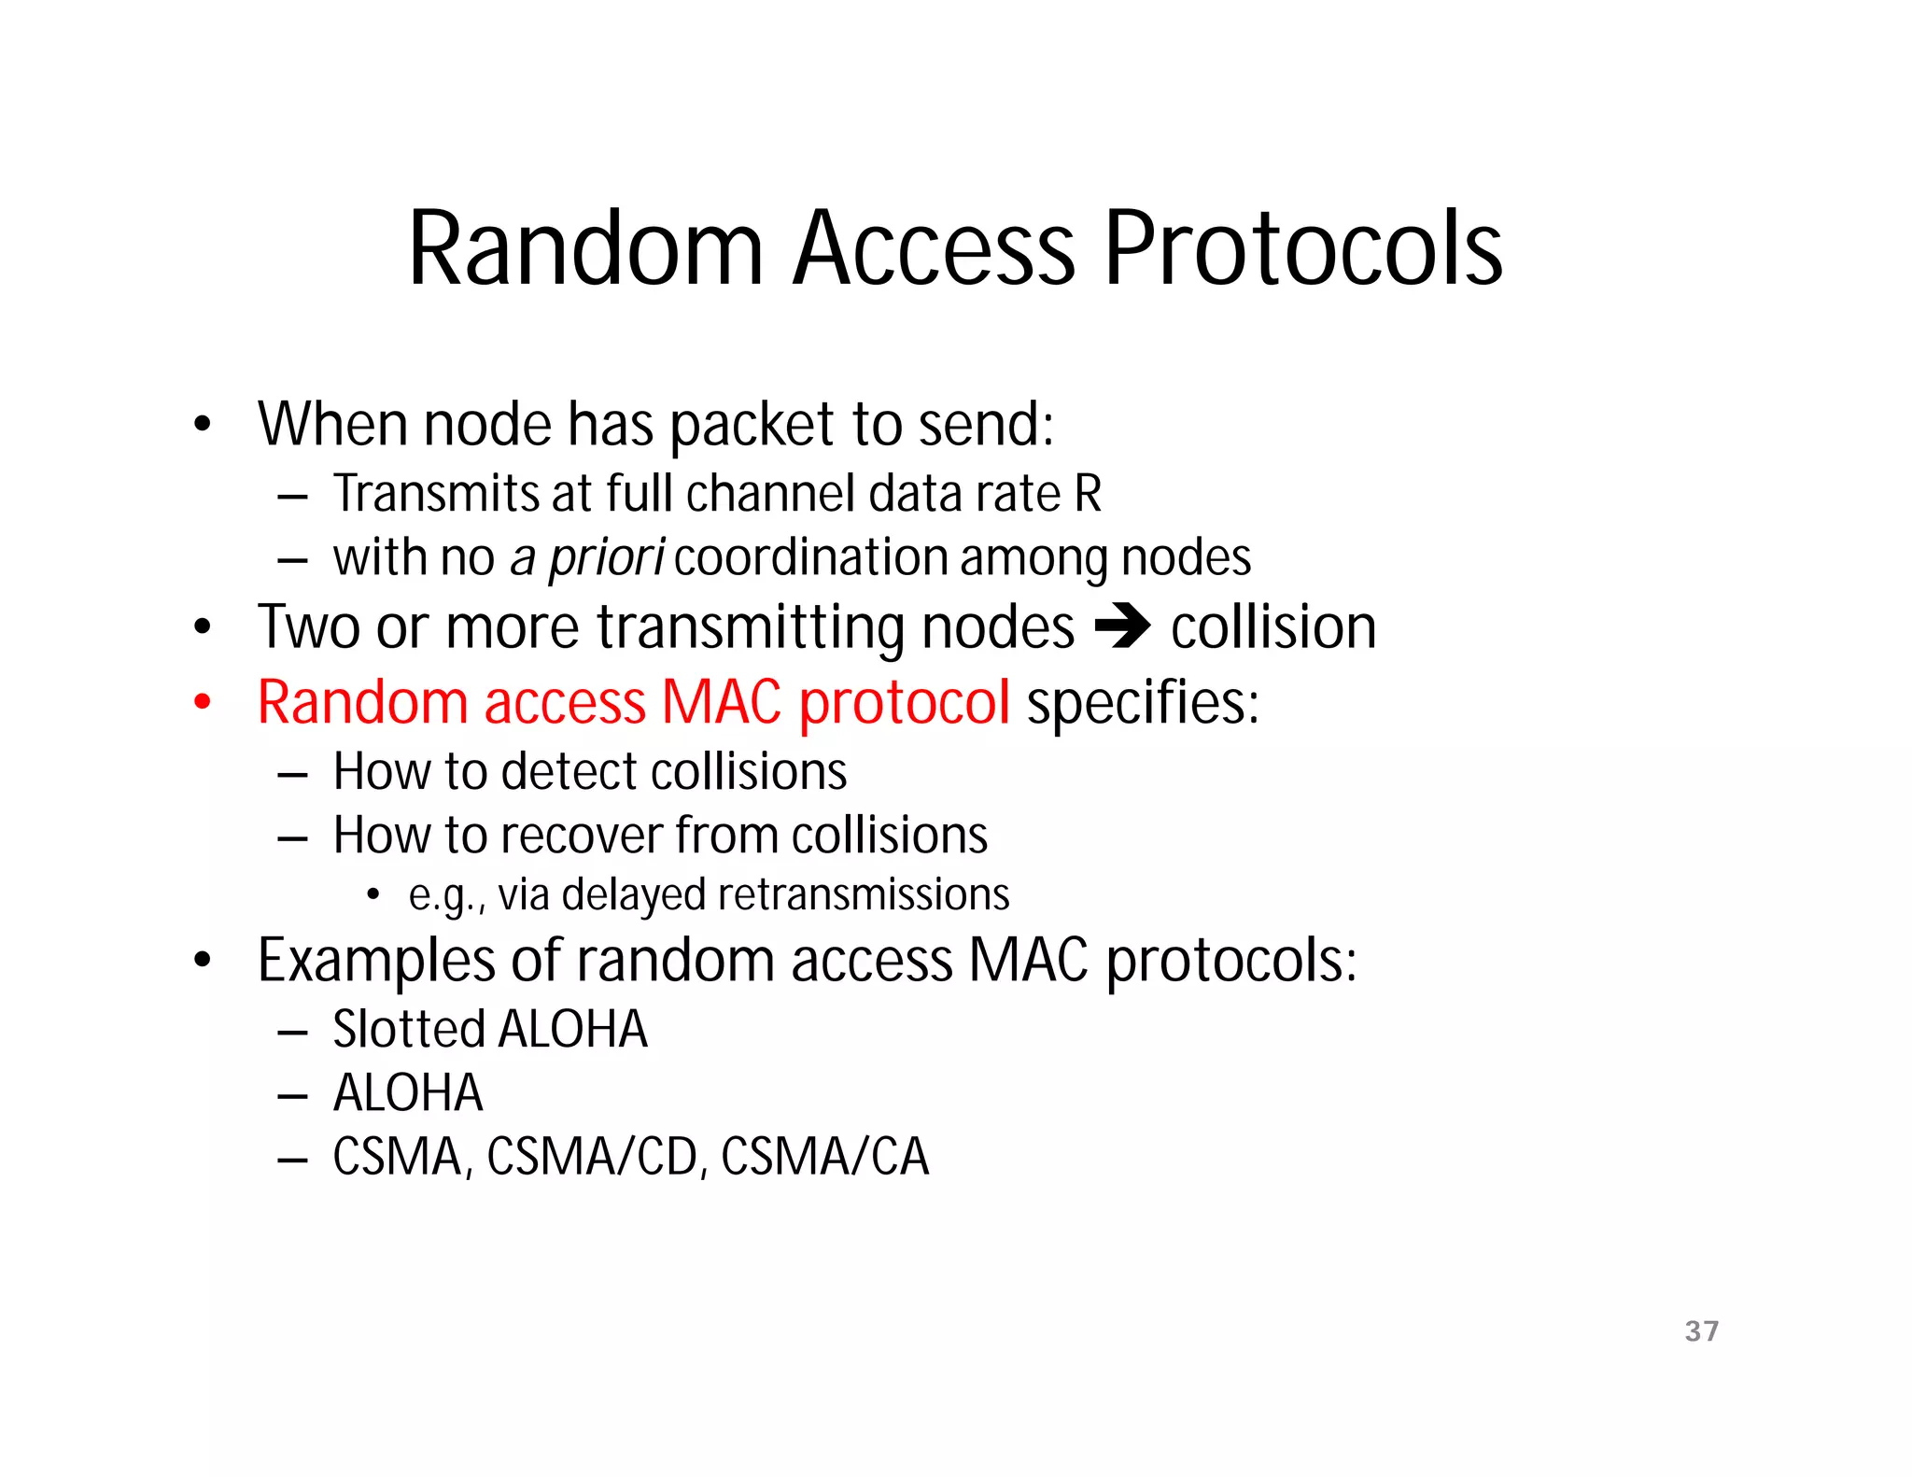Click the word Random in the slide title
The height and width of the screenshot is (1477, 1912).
pos(585,249)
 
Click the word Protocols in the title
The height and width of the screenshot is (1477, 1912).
pos(1303,249)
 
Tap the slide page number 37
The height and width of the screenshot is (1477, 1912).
pos(1701,1330)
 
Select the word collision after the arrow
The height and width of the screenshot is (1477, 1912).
pos(1273,627)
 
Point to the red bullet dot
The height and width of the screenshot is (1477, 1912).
pos(203,702)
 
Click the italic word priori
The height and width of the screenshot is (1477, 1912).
pos(606,558)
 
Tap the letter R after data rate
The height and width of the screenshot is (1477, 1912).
pos(1088,494)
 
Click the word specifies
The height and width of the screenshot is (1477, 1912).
pos(1143,702)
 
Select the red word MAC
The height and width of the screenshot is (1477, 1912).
pos(721,702)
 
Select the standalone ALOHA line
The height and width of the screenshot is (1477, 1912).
pos(408,1093)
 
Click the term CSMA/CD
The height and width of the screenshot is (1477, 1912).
pos(592,1157)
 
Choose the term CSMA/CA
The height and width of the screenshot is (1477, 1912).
pos(825,1157)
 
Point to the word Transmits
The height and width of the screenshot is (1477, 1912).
pos(436,494)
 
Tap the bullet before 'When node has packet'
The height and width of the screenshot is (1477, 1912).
pos(203,425)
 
